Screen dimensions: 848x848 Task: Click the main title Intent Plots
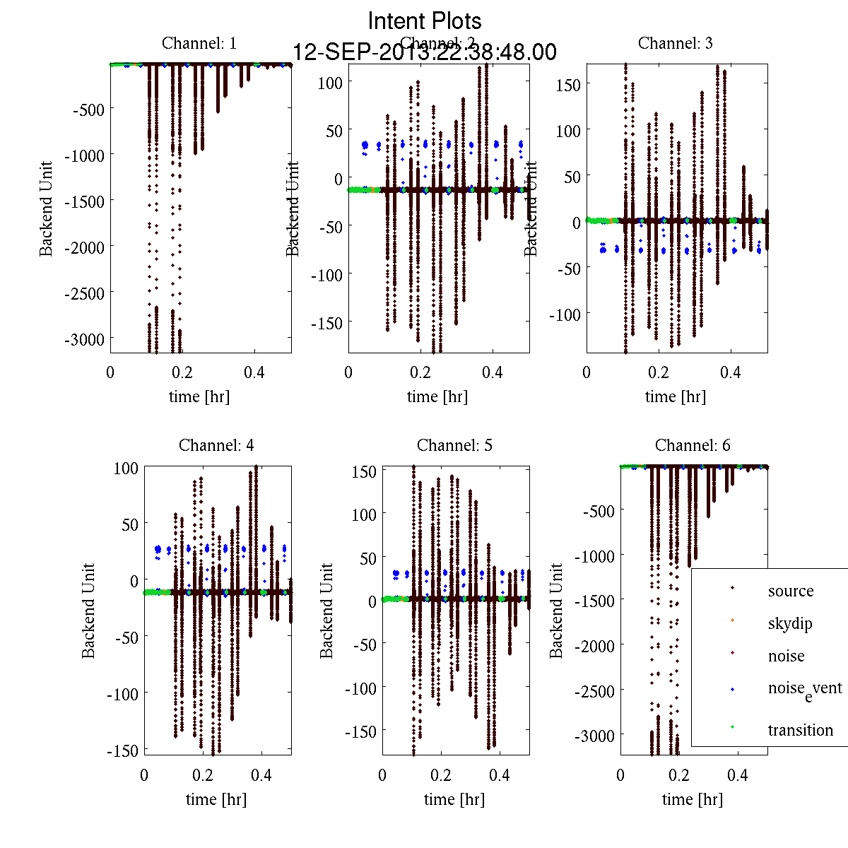pos(425,21)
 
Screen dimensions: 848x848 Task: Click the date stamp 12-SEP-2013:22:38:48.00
pos(425,52)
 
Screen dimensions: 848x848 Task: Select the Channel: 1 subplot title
pos(199,43)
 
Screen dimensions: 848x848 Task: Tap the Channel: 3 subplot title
pos(676,43)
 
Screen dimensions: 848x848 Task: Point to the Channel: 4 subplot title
pos(216,445)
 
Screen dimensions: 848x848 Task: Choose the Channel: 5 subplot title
pos(454,445)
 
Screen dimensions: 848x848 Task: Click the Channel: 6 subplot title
pos(693,445)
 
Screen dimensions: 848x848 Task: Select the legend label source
pos(791,591)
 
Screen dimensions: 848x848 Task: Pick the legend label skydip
pos(790,624)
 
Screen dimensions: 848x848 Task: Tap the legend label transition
pos(801,730)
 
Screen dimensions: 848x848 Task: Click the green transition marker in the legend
pos(733,727)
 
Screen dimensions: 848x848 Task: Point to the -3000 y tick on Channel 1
pos(84,339)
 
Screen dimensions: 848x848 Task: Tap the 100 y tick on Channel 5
pos(365,514)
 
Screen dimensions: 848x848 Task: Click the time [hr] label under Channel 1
pos(199,397)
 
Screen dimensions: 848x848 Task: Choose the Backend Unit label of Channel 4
pos(88,611)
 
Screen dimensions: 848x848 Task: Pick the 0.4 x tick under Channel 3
pos(731,372)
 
